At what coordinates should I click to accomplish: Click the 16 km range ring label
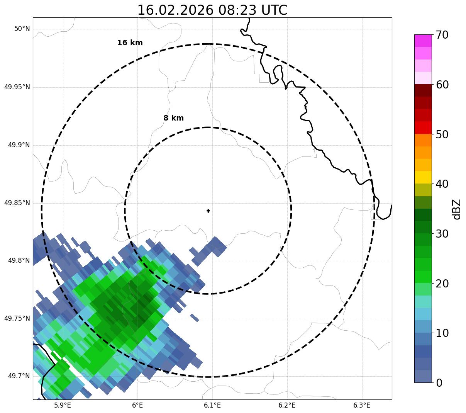[x=130, y=43]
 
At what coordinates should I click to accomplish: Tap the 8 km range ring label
[x=173, y=118]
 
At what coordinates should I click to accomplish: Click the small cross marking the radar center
[x=208, y=211]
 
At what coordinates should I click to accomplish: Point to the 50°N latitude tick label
[x=22, y=29]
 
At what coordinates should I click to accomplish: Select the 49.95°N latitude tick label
[x=17, y=87]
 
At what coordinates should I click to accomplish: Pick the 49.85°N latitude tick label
[x=17, y=203]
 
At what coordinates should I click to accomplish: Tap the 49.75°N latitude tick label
[x=17, y=318]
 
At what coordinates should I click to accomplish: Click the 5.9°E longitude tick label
[x=63, y=405]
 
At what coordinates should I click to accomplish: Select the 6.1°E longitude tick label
[x=212, y=405]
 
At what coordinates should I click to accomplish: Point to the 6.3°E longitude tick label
[x=362, y=405]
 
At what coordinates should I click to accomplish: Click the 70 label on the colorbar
[x=442, y=35]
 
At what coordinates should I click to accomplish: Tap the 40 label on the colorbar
[x=442, y=184]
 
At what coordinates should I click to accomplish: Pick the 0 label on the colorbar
[x=439, y=383]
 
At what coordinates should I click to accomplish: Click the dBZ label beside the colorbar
[x=457, y=209]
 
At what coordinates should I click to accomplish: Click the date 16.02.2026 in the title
[x=175, y=10]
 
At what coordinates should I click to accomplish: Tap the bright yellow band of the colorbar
[x=423, y=177]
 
